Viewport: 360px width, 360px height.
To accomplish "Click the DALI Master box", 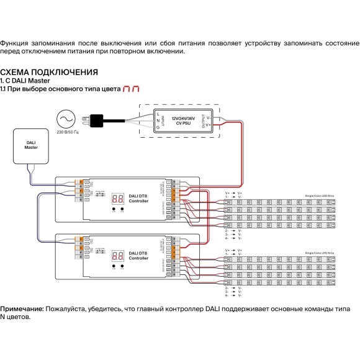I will point(31,145).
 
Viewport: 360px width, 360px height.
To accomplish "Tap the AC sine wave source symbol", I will point(65,119).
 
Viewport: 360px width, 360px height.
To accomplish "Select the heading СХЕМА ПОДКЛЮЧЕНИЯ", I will point(49,72).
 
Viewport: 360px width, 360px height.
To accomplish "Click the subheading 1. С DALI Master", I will point(25,81).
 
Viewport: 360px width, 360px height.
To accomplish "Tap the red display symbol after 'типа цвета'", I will point(131,89).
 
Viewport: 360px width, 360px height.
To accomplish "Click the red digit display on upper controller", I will point(118,199).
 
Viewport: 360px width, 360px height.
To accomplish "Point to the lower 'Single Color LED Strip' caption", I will point(319,253).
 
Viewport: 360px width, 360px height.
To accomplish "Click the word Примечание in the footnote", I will point(22,308).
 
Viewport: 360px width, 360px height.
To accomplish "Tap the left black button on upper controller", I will point(114,210).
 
